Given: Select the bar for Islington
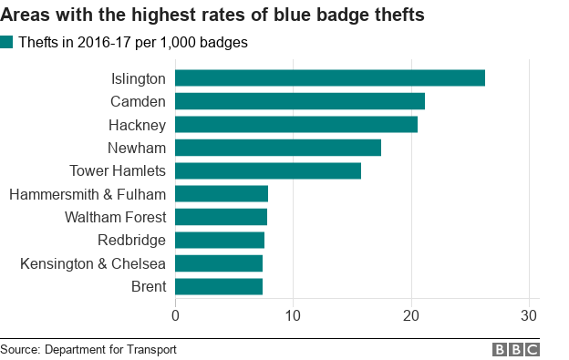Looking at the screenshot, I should point(329,78).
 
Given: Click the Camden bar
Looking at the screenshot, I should point(299,101).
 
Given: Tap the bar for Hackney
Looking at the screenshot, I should point(295,124).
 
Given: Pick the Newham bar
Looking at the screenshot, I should point(277,148).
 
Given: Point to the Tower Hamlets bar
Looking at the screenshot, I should point(267,170).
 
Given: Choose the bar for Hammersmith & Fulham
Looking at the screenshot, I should point(221,193).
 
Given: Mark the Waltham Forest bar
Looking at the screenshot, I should point(221,217).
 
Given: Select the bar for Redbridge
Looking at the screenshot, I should point(219,240).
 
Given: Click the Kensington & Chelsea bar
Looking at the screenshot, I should point(218,263).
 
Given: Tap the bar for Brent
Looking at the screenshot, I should point(218,286).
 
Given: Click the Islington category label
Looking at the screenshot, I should point(139,78).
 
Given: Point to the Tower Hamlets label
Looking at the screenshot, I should point(118,170).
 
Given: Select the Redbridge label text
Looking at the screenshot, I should point(131,240).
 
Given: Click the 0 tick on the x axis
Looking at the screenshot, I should point(175,315).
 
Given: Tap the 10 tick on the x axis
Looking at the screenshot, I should point(293,315).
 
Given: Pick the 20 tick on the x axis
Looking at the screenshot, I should point(411,315).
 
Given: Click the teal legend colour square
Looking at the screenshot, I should point(7,42).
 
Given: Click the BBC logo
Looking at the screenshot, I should point(516,350).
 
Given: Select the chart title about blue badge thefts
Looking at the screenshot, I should point(212,15).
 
